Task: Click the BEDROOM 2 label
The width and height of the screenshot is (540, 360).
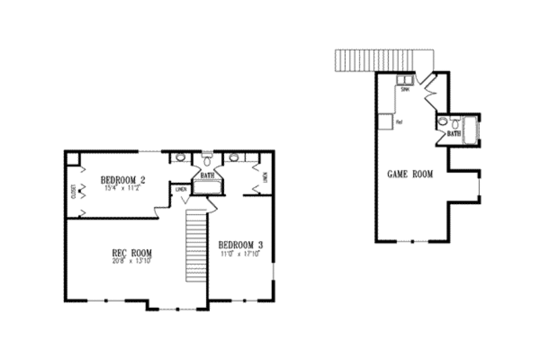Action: (x=124, y=180)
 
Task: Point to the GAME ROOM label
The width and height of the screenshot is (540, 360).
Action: (x=410, y=174)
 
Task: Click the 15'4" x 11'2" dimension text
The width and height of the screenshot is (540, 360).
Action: (x=124, y=188)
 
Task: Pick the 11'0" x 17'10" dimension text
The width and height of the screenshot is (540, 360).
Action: (x=240, y=253)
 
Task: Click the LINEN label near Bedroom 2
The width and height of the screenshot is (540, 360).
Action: (x=181, y=189)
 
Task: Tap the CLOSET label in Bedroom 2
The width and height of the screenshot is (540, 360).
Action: (x=73, y=192)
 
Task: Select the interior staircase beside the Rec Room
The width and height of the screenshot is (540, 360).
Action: (x=195, y=247)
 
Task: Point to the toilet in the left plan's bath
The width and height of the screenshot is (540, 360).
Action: (x=207, y=161)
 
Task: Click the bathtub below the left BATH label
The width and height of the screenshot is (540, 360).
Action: (x=207, y=187)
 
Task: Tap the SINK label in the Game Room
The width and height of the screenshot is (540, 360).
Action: (x=406, y=89)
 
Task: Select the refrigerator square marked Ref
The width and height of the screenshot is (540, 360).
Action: (x=385, y=122)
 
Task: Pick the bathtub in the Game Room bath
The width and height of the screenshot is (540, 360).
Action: (x=470, y=129)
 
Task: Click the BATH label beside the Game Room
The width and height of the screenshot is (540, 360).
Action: (x=454, y=134)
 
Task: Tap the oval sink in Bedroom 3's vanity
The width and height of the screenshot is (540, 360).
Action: (x=234, y=157)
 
